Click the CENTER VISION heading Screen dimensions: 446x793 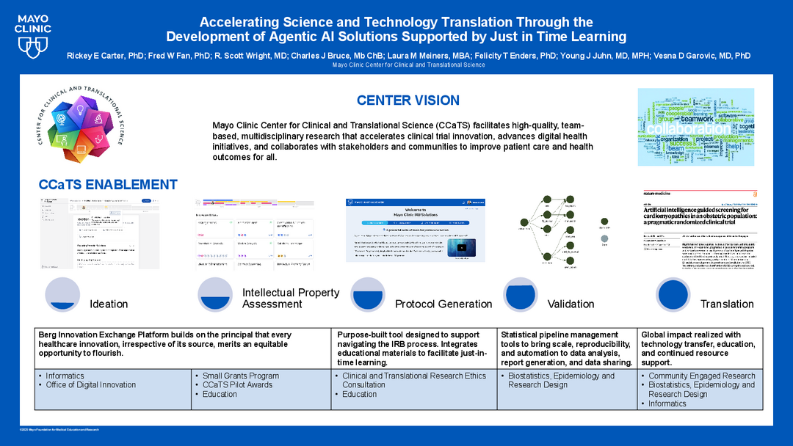pyautogui.click(x=408, y=100)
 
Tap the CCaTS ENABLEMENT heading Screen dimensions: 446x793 pyautogui.click(x=108, y=185)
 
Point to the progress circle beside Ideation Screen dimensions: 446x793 pyautogui.click(x=62, y=294)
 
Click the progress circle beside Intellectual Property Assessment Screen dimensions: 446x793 pyautogui.click(x=216, y=294)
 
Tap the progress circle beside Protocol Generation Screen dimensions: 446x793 pyautogui.click(x=369, y=294)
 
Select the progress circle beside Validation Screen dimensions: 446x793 pyautogui.click(x=521, y=294)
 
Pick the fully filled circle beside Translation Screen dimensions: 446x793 pyautogui.click(x=673, y=294)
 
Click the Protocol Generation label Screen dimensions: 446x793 pyautogui.click(x=443, y=304)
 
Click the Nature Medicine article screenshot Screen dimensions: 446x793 pyautogui.click(x=694, y=230)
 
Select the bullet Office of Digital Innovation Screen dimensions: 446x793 pyautogui.click(x=90, y=384)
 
